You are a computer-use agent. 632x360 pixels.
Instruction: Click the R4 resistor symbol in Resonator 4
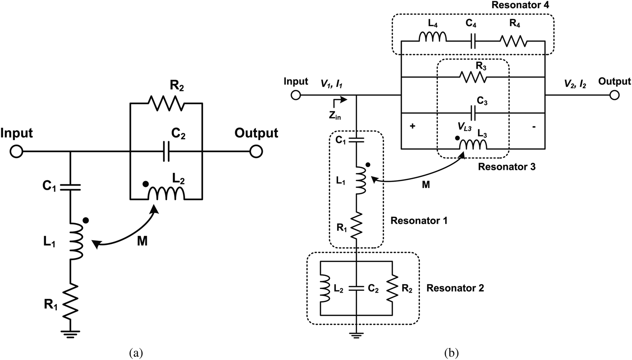tap(513, 42)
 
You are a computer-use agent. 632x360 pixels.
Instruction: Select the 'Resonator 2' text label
tap(455, 288)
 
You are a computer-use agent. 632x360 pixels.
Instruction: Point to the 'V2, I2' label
tap(571, 84)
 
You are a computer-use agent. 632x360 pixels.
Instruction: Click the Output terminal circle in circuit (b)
tap(614, 95)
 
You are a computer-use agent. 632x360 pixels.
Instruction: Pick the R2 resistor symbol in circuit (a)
tap(167, 103)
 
